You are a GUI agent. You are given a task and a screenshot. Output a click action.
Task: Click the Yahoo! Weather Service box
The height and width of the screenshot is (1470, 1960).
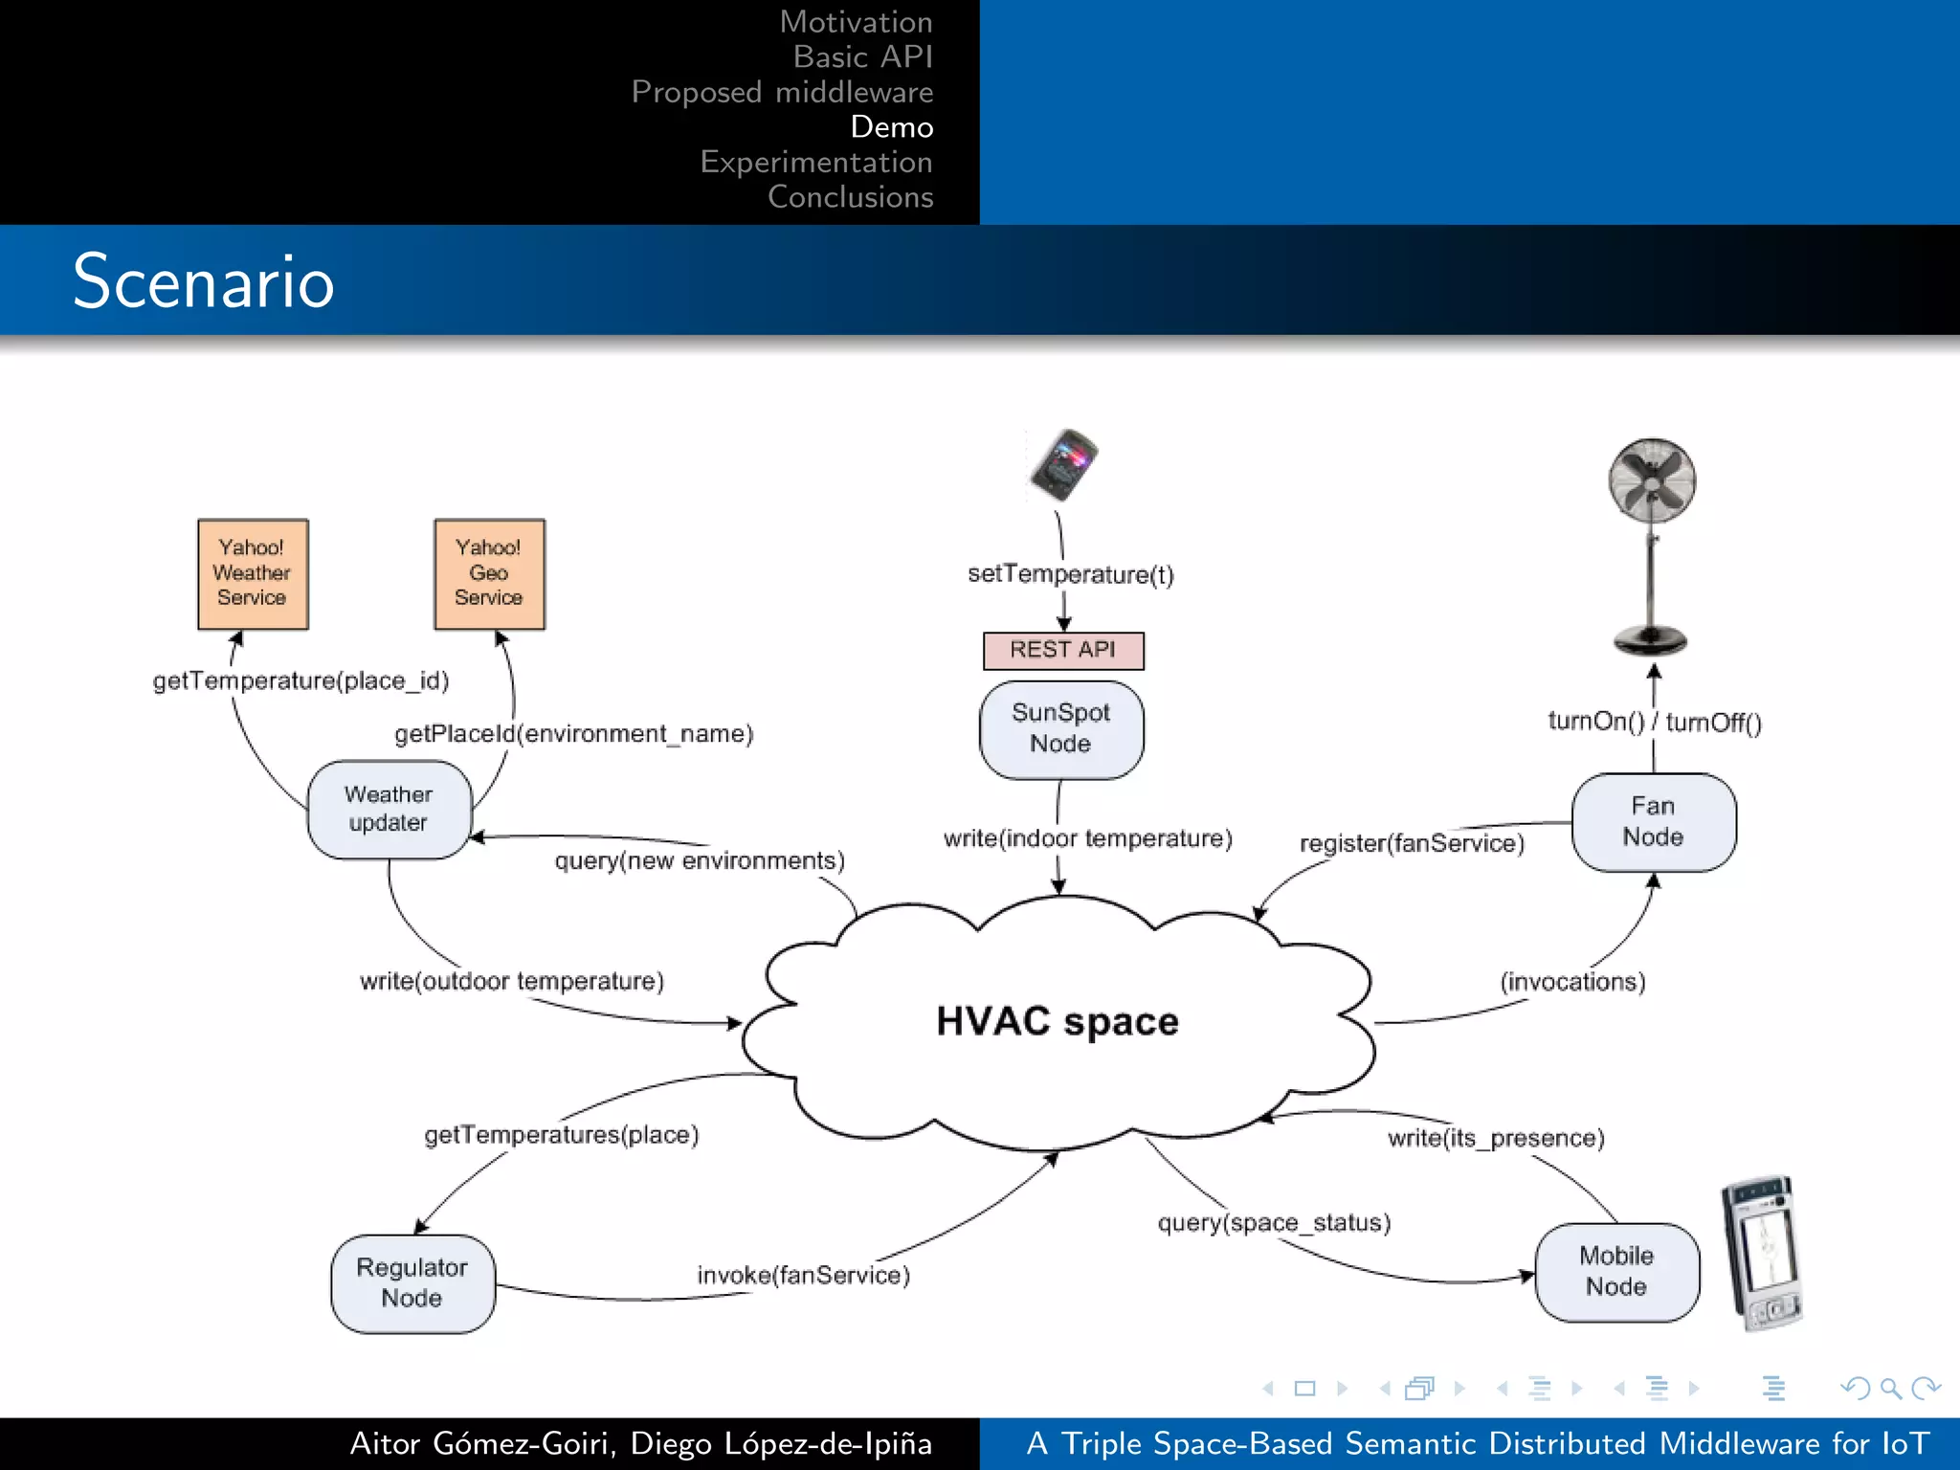click(x=253, y=574)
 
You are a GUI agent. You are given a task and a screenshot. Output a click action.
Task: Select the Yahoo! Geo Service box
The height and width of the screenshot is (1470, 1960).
click(x=489, y=574)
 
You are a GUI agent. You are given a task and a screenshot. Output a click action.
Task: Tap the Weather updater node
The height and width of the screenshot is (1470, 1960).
click(x=389, y=810)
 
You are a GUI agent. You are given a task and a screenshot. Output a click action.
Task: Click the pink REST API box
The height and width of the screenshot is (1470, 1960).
click(x=1062, y=650)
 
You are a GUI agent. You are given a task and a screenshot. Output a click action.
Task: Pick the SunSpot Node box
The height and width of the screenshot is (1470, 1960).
click(x=1061, y=728)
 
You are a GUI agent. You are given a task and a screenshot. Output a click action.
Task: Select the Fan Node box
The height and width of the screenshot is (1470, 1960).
click(x=1653, y=822)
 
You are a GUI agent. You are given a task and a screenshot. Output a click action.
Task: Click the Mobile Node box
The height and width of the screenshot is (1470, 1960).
click(x=1616, y=1271)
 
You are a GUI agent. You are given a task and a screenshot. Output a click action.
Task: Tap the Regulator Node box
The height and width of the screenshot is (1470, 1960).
click(x=412, y=1282)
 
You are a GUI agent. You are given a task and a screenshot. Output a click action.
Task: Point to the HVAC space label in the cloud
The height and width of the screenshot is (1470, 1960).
click(x=1057, y=1021)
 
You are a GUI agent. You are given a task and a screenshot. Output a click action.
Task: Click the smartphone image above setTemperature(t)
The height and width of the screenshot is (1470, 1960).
click(x=1064, y=465)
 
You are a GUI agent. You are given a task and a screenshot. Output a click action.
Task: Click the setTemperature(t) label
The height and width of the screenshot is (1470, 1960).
click(x=1070, y=574)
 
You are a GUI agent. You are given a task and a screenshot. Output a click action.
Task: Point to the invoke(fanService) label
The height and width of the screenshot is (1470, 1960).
click(x=803, y=1275)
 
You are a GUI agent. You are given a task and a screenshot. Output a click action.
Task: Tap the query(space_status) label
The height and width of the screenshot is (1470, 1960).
click(x=1274, y=1223)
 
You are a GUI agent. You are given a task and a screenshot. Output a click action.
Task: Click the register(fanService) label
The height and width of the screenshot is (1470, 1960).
click(x=1412, y=843)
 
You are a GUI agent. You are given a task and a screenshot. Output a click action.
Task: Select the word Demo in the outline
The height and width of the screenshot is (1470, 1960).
click(x=891, y=127)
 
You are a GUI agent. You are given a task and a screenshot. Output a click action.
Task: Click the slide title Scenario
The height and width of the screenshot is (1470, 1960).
click(x=203, y=281)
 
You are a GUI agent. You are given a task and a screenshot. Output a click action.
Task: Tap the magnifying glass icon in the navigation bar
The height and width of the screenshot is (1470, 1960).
click(x=1890, y=1388)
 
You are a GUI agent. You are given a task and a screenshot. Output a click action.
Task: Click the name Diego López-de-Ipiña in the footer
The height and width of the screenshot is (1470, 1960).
click(x=781, y=1443)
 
